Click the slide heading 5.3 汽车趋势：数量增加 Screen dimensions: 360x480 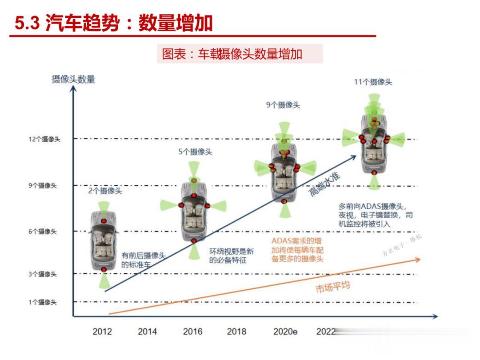pos(113,23)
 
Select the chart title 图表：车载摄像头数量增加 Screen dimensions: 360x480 pos(232,54)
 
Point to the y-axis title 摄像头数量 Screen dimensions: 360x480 pos(73,80)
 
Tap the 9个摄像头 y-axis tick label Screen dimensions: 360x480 pos(43,186)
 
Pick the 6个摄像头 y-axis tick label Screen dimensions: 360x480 pos(43,232)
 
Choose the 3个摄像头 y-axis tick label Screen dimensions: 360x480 pos(43,274)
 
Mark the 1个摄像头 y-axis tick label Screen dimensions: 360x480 pos(43,302)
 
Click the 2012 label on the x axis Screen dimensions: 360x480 pos(102,332)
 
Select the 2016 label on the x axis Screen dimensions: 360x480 pos(192,332)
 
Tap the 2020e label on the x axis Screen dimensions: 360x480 pos(285,332)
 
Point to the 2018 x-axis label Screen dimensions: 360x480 pos(236,332)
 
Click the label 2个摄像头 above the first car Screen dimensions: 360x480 pos(105,191)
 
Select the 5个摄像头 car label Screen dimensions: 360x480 pos(196,152)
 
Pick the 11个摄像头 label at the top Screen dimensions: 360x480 pos(373,82)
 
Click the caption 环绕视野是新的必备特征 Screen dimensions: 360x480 pos(232,256)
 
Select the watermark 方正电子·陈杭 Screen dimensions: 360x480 pos(403,245)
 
